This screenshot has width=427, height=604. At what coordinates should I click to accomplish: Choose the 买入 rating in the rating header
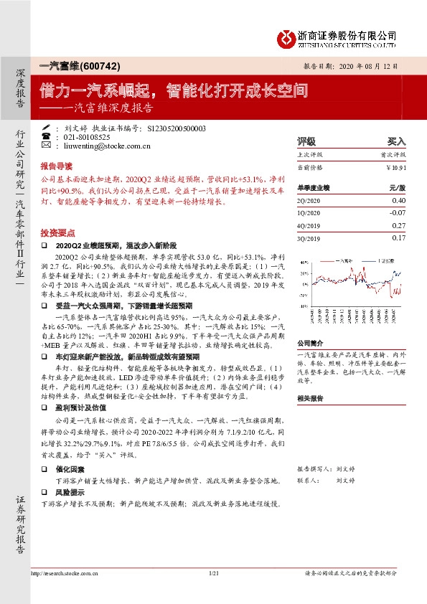(x=397, y=141)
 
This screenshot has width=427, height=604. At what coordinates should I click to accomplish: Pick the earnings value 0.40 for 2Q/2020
(x=398, y=202)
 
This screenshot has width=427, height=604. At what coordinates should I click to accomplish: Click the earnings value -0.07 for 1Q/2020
(x=398, y=213)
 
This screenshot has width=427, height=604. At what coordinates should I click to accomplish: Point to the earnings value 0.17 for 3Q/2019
(x=399, y=237)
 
